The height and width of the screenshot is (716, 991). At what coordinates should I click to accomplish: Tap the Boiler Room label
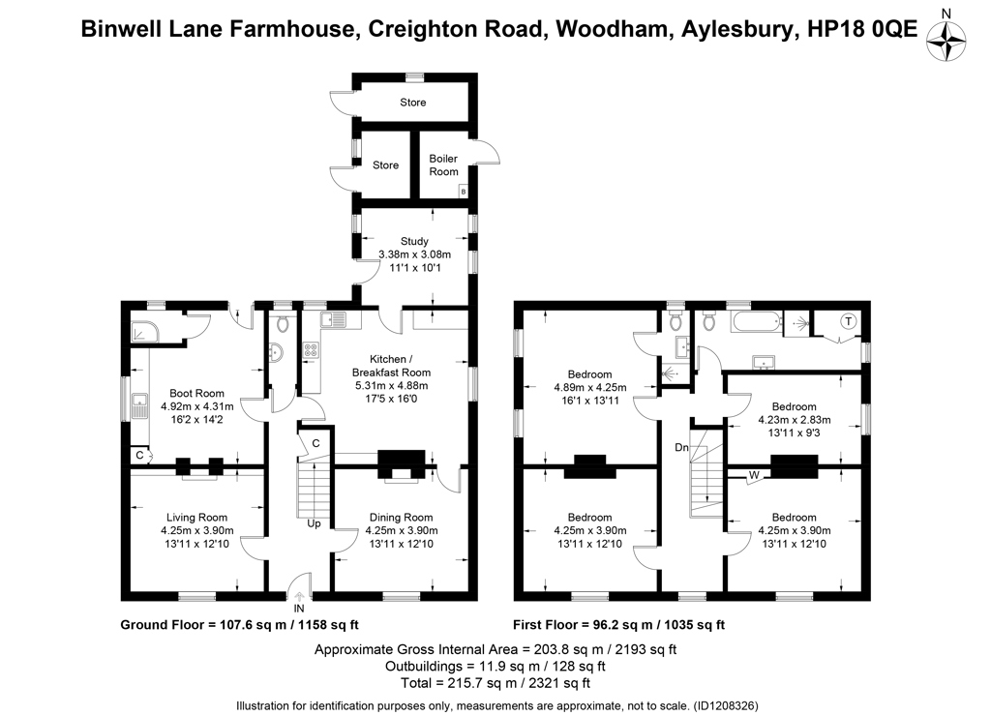point(443,164)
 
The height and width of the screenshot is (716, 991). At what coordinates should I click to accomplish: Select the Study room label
point(414,241)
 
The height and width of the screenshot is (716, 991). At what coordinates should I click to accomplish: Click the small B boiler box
point(464,191)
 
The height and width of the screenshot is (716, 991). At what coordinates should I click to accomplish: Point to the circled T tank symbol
point(848,321)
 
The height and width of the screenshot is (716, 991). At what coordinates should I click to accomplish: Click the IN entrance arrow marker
point(299,597)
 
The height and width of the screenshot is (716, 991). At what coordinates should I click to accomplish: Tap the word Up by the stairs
point(315,523)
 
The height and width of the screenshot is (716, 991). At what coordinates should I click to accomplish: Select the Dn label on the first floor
point(681,447)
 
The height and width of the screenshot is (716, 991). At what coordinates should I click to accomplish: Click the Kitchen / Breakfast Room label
point(391,366)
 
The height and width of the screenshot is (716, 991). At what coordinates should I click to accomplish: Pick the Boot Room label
point(196,393)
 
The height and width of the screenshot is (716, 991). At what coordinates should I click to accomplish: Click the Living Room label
point(196,518)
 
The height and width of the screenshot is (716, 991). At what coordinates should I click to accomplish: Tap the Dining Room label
point(402,518)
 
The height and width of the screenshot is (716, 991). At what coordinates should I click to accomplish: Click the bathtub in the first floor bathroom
point(757,321)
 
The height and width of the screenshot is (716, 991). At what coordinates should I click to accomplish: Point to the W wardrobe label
point(754,475)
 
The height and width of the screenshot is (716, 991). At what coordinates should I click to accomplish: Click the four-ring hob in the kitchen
point(311,350)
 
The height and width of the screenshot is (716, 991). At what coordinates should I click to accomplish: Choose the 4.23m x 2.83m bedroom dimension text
point(794,420)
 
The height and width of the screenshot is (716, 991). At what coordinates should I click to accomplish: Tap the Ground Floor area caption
point(240,625)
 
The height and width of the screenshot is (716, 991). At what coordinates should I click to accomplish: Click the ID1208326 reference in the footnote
point(726,705)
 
